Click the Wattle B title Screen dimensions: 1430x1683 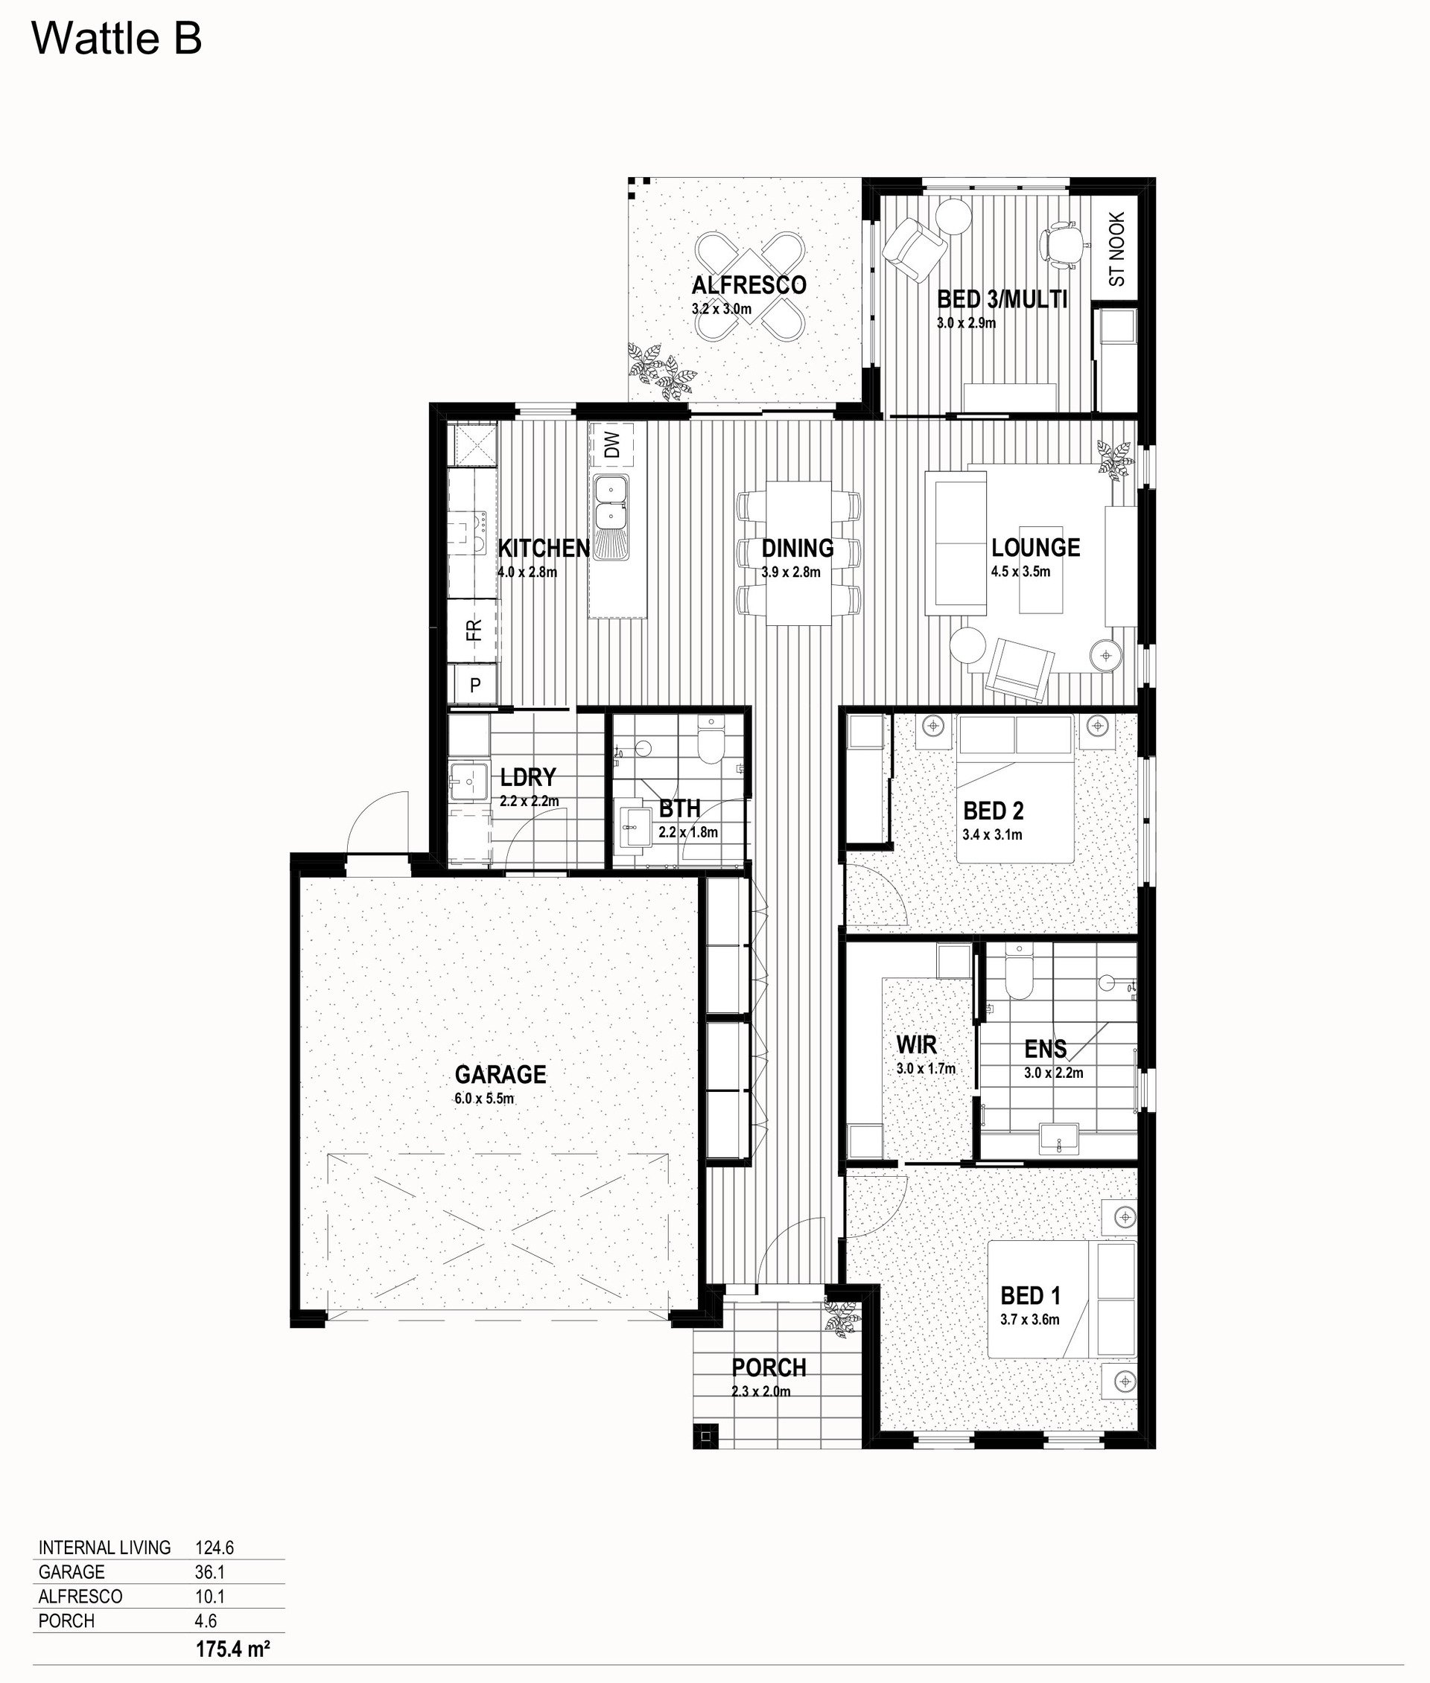(x=117, y=39)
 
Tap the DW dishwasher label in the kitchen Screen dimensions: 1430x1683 (x=612, y=444)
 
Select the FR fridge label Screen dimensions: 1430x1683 (x=474, y=629)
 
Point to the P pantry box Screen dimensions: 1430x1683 (x=474, y=686)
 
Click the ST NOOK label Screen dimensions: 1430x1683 (x=1117, y=249)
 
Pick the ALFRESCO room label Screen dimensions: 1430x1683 (x=749, y=285)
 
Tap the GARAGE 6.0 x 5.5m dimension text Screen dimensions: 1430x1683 (x=484, y=1099)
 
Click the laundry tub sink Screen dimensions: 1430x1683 (x=469, y=783)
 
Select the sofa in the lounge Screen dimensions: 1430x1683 (x=956, y=545)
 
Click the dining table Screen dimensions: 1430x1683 (x=798, y=552)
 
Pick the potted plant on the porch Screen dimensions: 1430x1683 (x=842, y=1318)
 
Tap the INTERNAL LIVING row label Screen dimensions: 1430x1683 (x=104, y=1548)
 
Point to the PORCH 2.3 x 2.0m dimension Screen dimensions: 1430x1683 (x=761, y=1391)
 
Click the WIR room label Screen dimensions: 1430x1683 (x=916, y=1044)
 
